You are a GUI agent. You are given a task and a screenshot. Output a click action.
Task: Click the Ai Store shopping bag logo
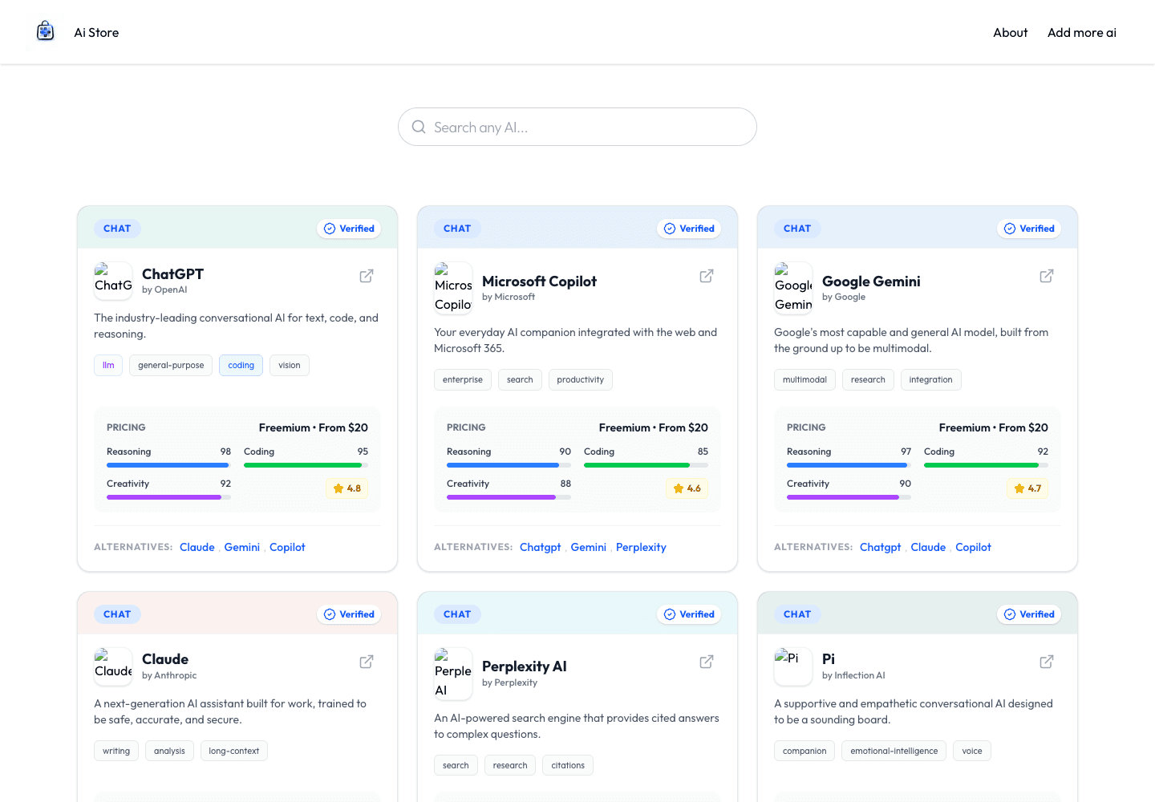(46, 31)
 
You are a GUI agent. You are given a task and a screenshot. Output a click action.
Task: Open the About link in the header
(1010, 32)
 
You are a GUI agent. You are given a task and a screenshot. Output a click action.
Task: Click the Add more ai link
(1082, 32)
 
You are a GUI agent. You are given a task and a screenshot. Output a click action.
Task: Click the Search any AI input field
(577, 127)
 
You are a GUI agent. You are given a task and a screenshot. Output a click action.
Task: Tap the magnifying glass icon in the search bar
(419, 127)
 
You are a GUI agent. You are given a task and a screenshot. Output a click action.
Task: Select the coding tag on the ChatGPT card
(241, 365)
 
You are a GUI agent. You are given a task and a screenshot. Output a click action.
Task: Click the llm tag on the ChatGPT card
(108, 365)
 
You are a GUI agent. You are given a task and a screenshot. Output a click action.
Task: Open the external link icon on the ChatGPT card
(366, 276)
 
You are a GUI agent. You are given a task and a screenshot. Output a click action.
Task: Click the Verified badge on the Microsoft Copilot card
(689, 229)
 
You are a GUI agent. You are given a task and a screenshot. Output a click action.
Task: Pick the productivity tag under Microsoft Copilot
(580, 379)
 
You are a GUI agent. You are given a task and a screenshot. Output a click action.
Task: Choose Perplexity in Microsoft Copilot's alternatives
(641, 547)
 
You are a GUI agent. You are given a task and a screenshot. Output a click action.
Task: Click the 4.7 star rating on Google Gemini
(1027, 488)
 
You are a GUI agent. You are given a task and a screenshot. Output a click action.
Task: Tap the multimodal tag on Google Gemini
(804, 379)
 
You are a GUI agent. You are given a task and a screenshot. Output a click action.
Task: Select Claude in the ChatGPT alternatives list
(197, 547)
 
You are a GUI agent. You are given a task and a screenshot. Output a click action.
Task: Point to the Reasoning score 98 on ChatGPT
(225, 452)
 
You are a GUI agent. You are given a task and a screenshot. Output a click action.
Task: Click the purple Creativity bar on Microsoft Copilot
(501, 497)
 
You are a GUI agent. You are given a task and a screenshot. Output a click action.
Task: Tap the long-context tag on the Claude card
(233, 751)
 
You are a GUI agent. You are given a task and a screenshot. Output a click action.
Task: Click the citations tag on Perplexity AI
(568, 765)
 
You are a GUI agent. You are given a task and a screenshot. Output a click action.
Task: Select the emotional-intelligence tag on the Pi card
(894, 751)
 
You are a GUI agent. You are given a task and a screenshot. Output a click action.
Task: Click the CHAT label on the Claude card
(117, 614)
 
